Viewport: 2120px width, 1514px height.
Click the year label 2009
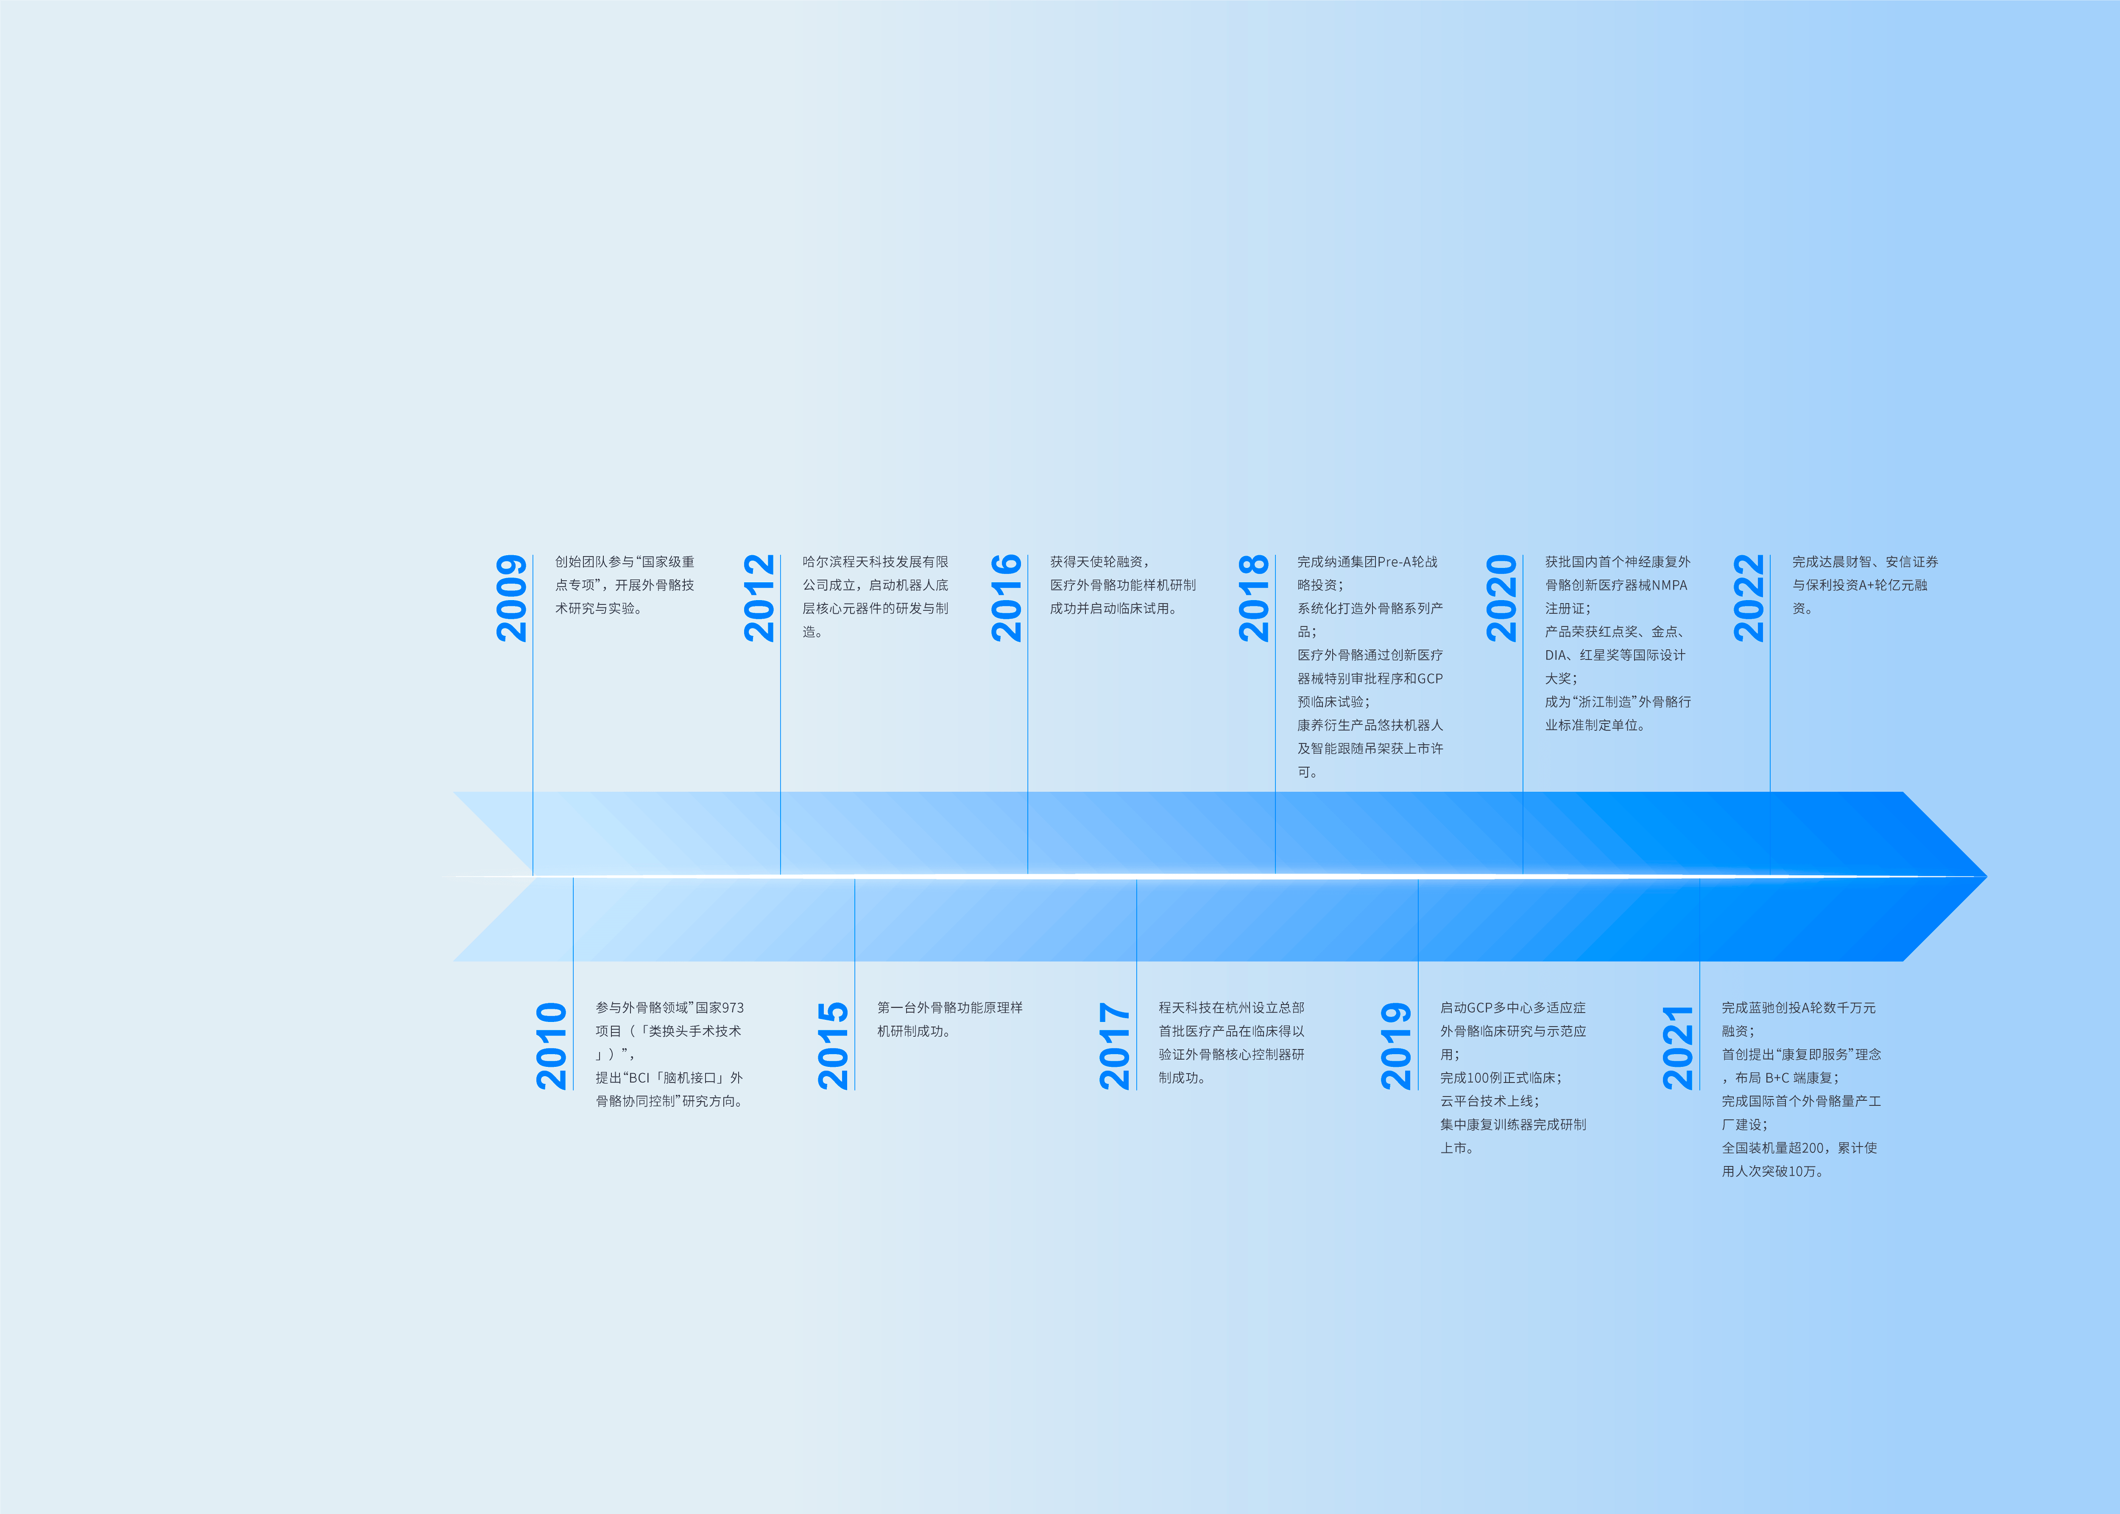pos(511,598)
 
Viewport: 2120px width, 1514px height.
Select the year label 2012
pos(759,598)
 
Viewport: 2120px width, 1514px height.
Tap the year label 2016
pos(1007,598)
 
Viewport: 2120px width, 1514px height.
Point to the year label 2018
pos(1253,598)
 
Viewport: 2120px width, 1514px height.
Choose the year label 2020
pos(1502,598)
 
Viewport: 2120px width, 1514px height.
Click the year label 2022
pos(1749,598)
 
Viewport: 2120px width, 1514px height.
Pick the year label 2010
pos(551,1046)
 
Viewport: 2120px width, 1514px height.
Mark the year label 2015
pos(833,1046)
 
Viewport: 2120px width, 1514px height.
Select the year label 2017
pos(1115,1046)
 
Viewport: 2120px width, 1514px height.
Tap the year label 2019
pos(1396,1046)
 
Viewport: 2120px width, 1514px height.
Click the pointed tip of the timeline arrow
pos(1986,876)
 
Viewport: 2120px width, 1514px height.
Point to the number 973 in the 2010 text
pos(733,1008)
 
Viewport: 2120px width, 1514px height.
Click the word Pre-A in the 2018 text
pos(1395,562)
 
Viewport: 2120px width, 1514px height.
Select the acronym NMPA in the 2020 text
pos(1670,586)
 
